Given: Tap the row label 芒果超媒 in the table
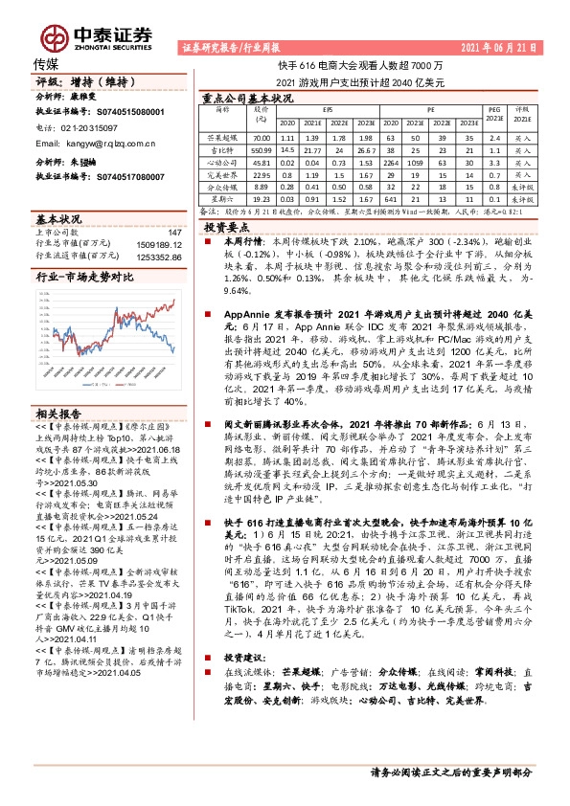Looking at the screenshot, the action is (x=222, y=138).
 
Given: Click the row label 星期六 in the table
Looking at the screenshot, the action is (x=222, y=200).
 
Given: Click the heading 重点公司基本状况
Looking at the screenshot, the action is (x=248, y=98).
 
